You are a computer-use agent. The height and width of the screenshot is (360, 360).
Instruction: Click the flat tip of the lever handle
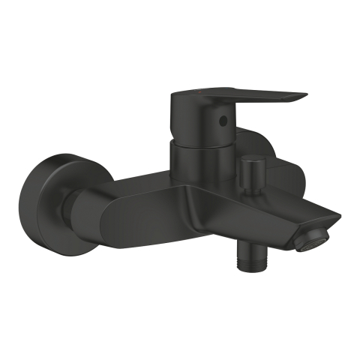point(303,96)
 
